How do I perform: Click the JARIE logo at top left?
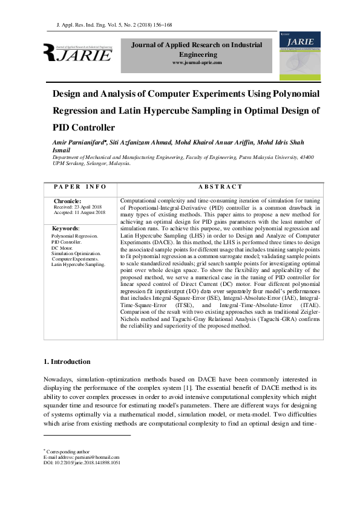(77, 53)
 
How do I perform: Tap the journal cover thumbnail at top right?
(299, 53)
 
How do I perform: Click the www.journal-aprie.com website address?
(197, 63)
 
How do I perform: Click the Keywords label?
(65, 229)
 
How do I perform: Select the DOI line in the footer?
(82, 463)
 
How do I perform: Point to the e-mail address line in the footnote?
(81, 457)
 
